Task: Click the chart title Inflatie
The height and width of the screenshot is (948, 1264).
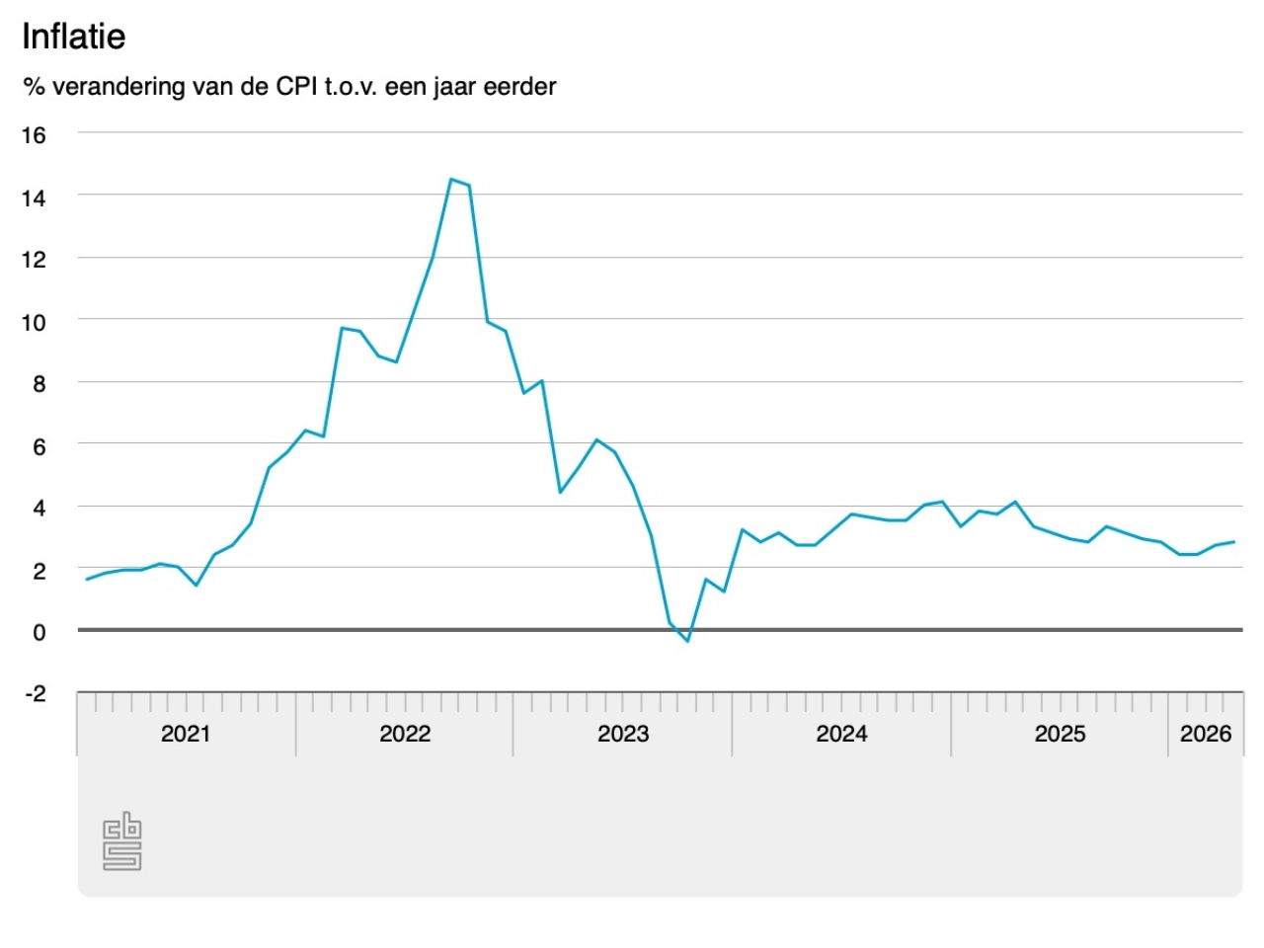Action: click(x=74, y=37)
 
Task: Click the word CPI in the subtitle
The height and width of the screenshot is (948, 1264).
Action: click(x=297, y=87)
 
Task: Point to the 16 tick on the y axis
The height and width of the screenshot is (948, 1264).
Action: click(x=34, y=135)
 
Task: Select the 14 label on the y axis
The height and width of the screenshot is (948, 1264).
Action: click(x=34, y=198)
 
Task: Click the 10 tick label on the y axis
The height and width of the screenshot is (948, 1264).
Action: click(x=34, y=323)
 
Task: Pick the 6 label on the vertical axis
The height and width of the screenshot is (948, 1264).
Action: click(x=39, y=447)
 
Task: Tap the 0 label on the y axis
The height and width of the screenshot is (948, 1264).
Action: click(x=39, y=632)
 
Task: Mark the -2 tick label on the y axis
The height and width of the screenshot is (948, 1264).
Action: click(x=36, y=694)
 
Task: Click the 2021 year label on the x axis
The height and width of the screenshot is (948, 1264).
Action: click(x=186, y=734)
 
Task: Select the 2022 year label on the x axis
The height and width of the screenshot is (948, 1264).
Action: click(x=405, y=734)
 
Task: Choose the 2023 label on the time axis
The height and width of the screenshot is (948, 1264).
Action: click(x=623, y=734)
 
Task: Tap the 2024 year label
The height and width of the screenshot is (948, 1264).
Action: click(x=841, y=734)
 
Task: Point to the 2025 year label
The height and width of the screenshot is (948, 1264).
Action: click(x=1060, y=734)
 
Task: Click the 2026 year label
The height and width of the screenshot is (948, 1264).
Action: click(x=1206, y=734)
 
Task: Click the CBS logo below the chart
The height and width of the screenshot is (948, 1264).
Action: click(x=122, y=842)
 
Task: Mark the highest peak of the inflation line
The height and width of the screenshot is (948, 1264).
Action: click(x=451, y=180)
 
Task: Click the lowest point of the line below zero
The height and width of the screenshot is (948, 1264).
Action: click(x=687, y=641)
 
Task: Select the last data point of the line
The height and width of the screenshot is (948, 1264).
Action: click(x=1233, y=541)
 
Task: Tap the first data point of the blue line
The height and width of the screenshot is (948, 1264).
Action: click(x=87, y=580)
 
